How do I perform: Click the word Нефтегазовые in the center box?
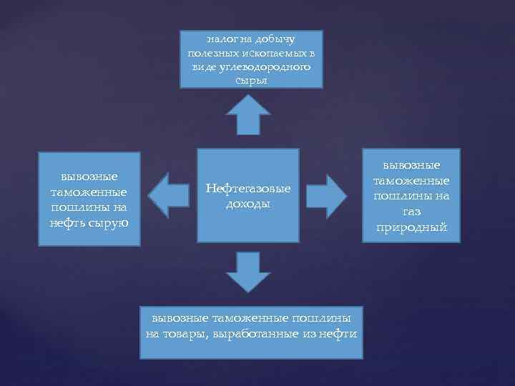[247, 189]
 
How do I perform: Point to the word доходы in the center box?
[247, 204]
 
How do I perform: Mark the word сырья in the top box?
[250, 81]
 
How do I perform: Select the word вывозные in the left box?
[89, 176]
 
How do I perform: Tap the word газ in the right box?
[411, 212]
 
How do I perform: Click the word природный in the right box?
[411, 228]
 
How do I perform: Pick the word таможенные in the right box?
[411, 181]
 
